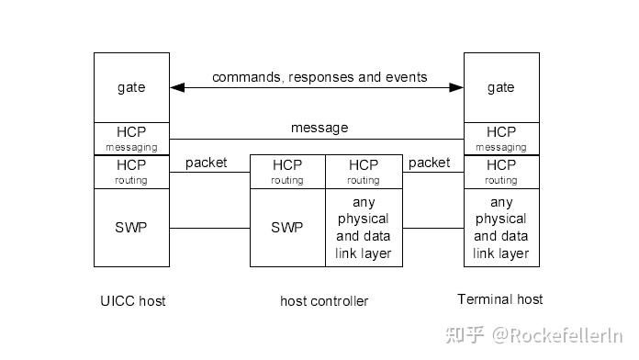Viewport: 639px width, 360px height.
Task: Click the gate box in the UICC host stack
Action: click(x=131, y=87)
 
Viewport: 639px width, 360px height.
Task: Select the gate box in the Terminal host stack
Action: click(x=500, y=87)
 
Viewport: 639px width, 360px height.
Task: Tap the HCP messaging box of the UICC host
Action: click(x=131, y=139)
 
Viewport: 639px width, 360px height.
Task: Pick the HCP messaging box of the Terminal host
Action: click(x=500, y=139)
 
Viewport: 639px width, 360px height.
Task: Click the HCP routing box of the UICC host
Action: click(x=131, y=172)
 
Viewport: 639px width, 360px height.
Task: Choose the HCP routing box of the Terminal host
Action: click(x=500, y=172)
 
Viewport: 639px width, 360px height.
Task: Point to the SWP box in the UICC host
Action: click(x=131, y=228)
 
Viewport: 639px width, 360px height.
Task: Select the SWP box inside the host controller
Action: click(x=287, y=228)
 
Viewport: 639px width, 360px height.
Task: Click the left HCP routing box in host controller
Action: click(x=287, y=172)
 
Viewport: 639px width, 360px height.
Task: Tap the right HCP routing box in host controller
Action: click(x=364, y=172)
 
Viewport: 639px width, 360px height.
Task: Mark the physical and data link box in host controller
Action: click(x=364, y=228)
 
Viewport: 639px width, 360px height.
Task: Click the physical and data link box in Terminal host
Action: click(x=500, y=228)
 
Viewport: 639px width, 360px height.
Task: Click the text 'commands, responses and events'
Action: click(x=319, y=77)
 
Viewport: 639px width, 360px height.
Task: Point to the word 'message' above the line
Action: click(x=319, y=128)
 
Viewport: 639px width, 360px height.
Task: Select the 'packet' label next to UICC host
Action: click(x=206, y=163)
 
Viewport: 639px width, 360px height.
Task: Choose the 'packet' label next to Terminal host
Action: click(x=429, y=163)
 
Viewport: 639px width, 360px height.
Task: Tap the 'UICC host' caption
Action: click(x=133, y=300)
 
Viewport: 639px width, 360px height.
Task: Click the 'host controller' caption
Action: click(x=324, y=301)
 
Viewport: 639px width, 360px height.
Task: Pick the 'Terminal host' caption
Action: click(x=500, y=299)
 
